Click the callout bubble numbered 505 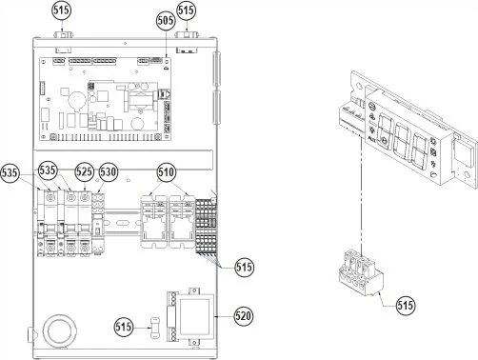[166, 20]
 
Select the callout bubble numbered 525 [84, 171]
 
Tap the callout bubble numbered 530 [109, 172]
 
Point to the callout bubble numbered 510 [167, 172]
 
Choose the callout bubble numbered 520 [244, 316]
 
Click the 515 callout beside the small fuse [123, 327]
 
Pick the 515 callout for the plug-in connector [406, 305]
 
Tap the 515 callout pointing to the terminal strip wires [244, 267]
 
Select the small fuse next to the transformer [155, 327]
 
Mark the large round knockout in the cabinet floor [59, 331]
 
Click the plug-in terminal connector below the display [360, 273]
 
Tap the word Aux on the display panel [372, 138]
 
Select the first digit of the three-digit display [385, 130]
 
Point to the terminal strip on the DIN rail [206, 226]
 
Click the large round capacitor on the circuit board [77, 100]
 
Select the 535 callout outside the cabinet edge [10, 173]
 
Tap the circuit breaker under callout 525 [84, 223]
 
